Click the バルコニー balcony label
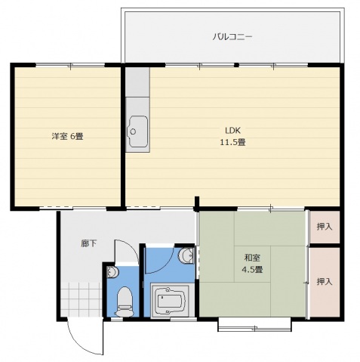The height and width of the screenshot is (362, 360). (232, 36)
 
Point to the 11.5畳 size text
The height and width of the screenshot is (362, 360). (232, 142)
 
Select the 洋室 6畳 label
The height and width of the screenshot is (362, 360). (67, 137)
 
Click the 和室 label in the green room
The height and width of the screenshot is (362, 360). (252, 256)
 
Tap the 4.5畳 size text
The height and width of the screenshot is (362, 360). (252, 269)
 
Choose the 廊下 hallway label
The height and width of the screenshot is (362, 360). (90, 243)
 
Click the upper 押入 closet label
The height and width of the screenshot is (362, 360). (324, 226)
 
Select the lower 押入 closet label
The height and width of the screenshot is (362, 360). (324, 281)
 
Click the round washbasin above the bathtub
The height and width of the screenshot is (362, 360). (186, 257)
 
